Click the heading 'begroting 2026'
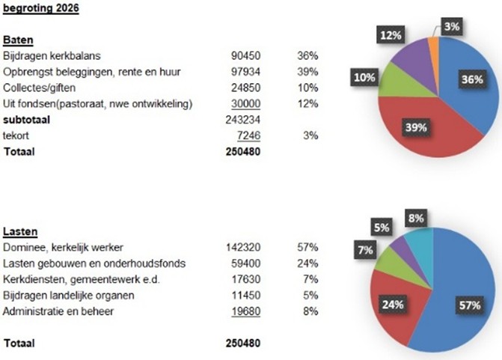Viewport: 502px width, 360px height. click(x=41, y=9)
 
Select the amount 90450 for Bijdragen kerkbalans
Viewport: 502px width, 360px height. click(x=246, y=56)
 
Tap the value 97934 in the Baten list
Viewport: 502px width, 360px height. click(x=246, y=72)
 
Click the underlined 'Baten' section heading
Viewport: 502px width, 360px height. click(x=19, y=40)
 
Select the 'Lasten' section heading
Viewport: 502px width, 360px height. click(x=21, y=231)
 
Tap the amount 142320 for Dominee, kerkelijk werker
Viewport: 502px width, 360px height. click(x=243, y=247)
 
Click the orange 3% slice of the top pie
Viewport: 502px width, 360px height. click(x=433, y=50)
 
